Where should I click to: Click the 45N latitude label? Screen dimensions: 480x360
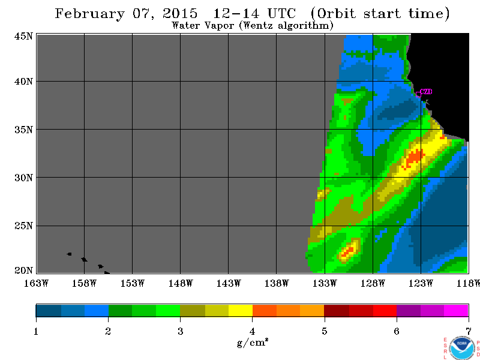[23, 37]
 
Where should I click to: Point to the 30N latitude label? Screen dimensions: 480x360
[23, 178]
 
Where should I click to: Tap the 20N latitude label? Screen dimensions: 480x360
[23, 271]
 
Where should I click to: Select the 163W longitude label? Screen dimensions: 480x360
[36, 283]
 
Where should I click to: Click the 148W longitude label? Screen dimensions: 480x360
[181, 283]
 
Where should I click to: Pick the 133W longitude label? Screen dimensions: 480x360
[325, 283]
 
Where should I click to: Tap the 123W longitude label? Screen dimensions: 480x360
[421, 283]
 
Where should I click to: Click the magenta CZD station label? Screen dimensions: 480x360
[426, 92]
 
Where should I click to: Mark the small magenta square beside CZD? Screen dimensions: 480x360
[418, 94]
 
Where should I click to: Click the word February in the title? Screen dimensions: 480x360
[89, 14]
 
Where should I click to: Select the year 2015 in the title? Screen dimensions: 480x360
[180, 13]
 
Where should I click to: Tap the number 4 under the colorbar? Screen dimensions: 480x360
[252, 332]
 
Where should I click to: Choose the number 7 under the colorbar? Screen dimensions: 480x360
[469, 332]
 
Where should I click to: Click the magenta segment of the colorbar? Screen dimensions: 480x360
[456, 310]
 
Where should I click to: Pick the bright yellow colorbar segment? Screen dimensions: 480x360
[241, 310]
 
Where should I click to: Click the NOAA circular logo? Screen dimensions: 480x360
[463, 348]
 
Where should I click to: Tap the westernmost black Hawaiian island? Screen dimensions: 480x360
[69, 254]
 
